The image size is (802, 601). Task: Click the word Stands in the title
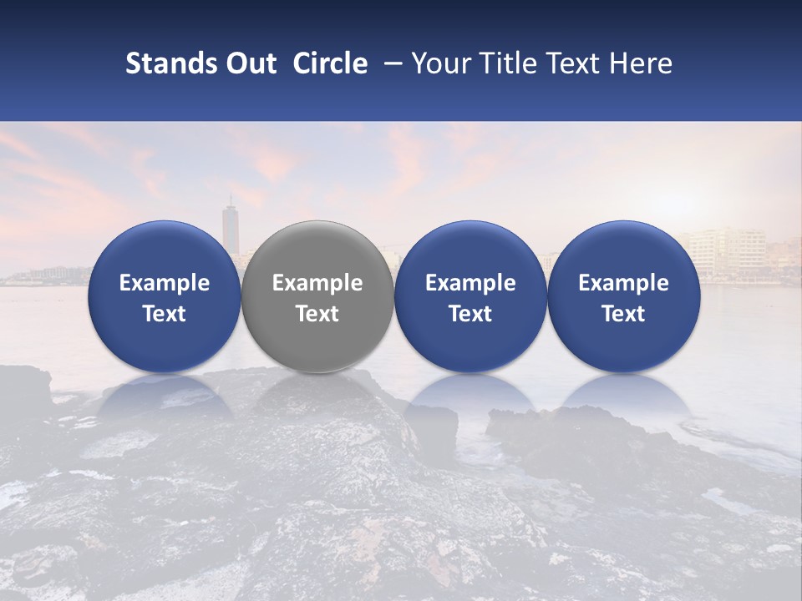tap(170, 63)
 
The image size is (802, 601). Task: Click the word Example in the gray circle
tap(317, 283)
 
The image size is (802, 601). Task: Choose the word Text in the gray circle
tap(317, 314)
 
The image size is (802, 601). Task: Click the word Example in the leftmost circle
tap(164, 283)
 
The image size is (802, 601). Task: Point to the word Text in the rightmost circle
tap(623, 314)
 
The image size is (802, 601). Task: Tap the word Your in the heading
tap(434, 63)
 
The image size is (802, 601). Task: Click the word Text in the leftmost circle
tap(164, 314)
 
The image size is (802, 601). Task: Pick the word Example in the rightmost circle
tap(623, 283)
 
